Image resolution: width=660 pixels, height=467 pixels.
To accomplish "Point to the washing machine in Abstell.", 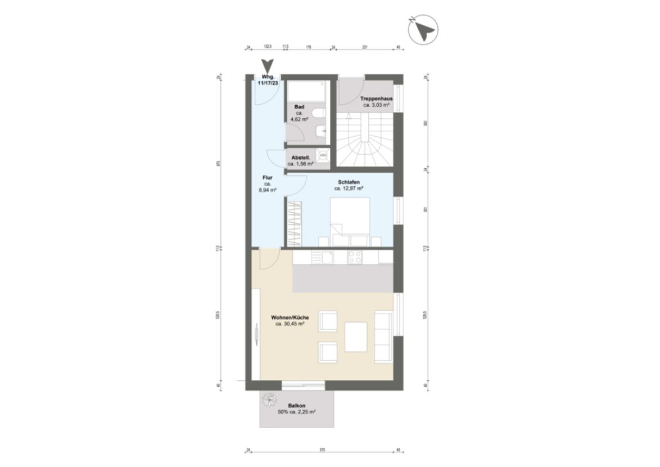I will point(323,155).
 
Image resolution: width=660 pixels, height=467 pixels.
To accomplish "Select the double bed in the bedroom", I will point(349,219).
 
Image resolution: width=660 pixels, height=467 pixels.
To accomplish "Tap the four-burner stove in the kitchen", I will point(354,257).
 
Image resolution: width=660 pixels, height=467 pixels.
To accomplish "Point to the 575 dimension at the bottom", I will point(323,450).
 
